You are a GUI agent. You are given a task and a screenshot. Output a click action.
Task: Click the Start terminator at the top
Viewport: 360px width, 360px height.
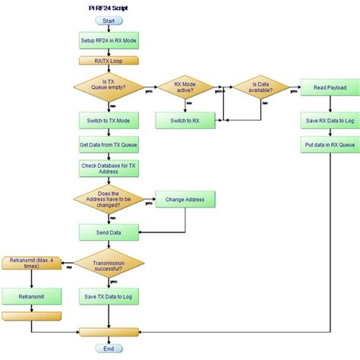109,21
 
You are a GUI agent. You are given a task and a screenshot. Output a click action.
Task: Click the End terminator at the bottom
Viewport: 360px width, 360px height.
109,349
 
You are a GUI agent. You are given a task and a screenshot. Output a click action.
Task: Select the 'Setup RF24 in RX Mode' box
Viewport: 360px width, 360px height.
109,39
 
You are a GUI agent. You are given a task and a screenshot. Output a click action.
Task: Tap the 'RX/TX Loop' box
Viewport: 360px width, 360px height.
109,60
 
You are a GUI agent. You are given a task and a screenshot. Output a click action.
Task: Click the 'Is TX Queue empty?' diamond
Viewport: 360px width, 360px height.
109,87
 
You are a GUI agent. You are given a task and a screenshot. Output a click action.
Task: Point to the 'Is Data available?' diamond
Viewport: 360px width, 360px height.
261,87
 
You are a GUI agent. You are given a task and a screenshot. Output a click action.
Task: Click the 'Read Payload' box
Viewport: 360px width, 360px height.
329,87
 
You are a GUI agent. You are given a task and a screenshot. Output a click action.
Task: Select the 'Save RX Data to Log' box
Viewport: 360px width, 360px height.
329,119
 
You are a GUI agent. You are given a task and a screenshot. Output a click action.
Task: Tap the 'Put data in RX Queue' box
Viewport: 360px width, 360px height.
329,144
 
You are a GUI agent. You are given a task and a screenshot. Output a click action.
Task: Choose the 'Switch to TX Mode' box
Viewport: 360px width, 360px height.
109,120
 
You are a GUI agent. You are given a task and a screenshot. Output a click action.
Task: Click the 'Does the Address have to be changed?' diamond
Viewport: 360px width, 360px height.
109,200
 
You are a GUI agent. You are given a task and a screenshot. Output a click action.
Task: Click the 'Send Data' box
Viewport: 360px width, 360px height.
109,231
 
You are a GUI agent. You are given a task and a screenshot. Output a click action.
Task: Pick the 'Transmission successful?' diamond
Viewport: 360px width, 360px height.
109,263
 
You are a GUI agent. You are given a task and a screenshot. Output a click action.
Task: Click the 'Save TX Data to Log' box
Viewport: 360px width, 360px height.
109,295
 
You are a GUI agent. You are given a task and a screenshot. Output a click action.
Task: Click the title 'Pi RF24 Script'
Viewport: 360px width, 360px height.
109,6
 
